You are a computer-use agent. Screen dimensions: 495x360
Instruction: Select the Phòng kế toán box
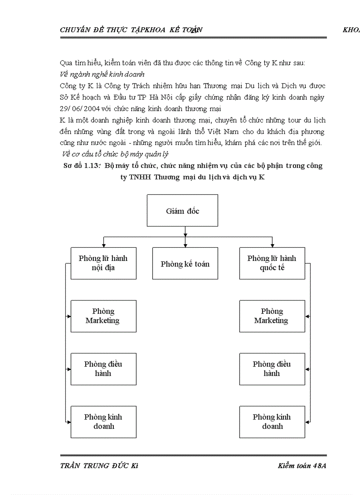click(x=185, y=264)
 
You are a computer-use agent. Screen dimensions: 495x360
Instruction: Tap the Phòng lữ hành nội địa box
click(x=103, y=263)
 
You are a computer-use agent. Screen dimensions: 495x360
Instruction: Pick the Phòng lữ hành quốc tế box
click(x=272, y=263)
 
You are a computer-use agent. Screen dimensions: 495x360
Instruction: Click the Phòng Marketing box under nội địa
click(x=103, y=316)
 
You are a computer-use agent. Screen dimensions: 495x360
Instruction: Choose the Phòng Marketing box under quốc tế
click(x=272, y=316)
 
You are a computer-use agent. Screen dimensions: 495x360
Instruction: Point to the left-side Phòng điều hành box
click(x=103, y=369)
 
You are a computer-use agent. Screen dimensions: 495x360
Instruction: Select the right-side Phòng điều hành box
click(x=272, y=369)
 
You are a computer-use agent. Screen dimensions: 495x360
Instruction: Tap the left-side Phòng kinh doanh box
click(x=103, y=422)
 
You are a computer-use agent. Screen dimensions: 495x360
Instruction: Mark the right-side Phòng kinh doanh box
click(x=272, y=422)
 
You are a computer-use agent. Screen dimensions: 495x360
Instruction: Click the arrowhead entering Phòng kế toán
click(x=185, y=245)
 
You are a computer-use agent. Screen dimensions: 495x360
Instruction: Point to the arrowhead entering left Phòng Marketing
click(x=69, y=316)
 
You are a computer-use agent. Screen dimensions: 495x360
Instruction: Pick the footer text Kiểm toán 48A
click(x=302, y=466)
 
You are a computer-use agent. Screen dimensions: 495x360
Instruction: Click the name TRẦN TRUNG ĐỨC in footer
click(x=94, y=466)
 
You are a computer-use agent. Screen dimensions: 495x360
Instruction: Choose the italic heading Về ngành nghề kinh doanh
click(x=102, y=74)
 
